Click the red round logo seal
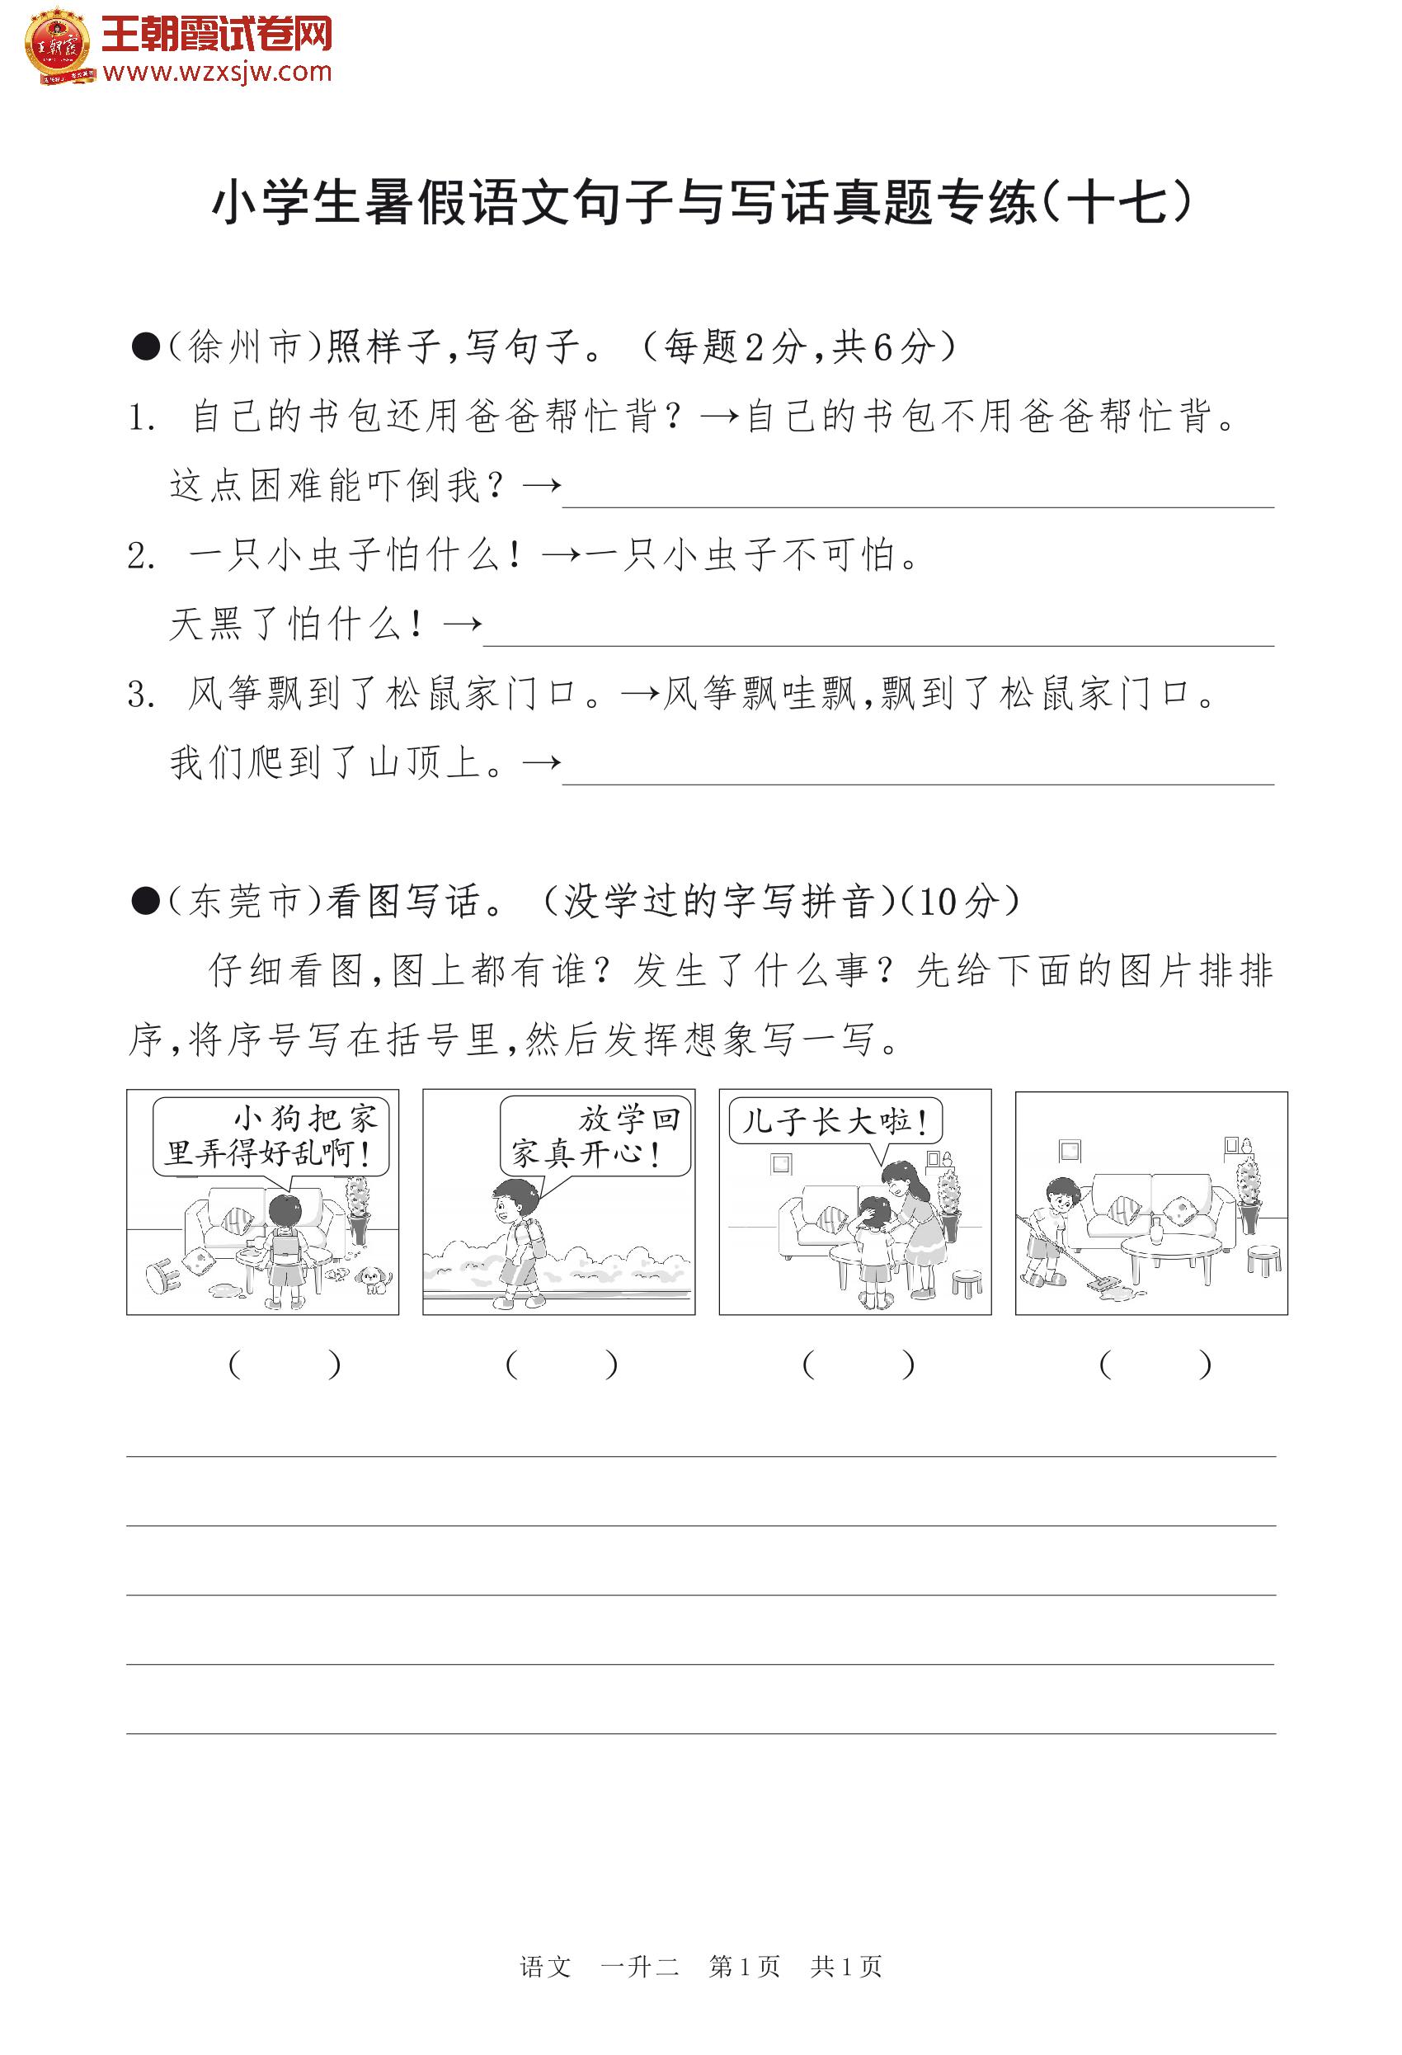pos(57,45)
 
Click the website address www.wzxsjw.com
pos(217,72)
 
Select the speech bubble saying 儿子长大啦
pos(834,1121)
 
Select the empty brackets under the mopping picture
pos(1154,1365)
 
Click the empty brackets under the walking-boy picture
pos(561,1365)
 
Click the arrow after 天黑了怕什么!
pos(462,625)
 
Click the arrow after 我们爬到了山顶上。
pos(541,762)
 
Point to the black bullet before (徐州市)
pos(145,347)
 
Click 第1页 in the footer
pos(745,1991)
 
